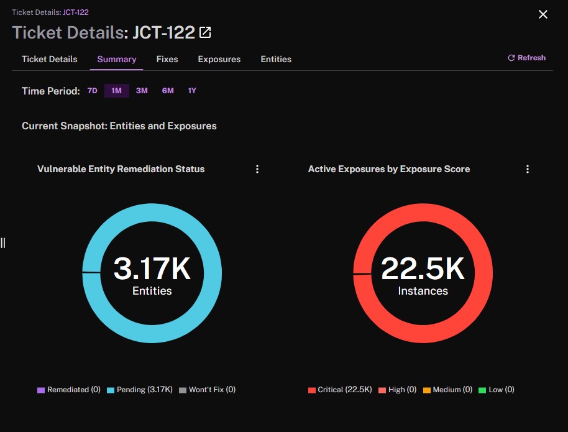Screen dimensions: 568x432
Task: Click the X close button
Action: (x=543, y=14)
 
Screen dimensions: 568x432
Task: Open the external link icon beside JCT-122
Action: (x=205, y=32)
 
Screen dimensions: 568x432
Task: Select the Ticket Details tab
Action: (x=50, y=59)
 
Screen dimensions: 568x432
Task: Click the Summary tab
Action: (x=117, y=59)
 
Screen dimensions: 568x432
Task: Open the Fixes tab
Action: (x=167, y=59)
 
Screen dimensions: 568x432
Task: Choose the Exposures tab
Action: (x=219, y=59)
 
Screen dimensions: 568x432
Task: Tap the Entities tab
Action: (x=276, y=59)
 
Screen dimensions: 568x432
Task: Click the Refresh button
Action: (x=527, y=58)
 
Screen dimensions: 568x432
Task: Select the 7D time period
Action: (x=93, y=91)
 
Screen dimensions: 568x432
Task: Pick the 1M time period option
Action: (x=116, y=91)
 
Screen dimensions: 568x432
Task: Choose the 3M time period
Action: (x=142, y=91)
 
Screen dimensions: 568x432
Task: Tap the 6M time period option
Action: (x=168, y=91)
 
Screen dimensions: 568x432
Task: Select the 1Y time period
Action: (x=192, y=91)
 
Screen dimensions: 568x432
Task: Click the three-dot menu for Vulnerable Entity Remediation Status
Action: (x=257, y=169)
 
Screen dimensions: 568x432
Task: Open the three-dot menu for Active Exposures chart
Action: (x=528, y=169)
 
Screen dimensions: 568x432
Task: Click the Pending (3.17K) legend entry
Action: (x=140, y=390)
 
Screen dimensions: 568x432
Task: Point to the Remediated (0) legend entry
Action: (x=69, y=390)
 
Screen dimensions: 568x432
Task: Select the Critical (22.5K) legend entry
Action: (x=340, y=390)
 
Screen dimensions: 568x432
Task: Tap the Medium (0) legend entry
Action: (x=447, y=390)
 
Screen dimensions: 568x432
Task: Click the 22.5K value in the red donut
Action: (x=423, y=269)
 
